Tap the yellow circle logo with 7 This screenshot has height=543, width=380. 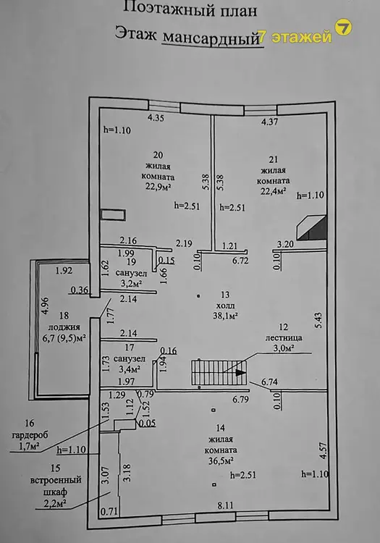point(344,28)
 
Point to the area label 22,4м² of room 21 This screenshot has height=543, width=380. point(273,191)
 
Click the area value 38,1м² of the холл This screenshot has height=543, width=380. point(225,316)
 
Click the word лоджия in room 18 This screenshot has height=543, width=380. point(64,327)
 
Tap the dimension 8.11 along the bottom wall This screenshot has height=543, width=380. point(225,505)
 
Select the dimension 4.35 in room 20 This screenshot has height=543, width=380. point(156,118)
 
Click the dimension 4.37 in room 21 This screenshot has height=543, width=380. point(269,122)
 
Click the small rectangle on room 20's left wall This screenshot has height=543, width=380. point(113,215)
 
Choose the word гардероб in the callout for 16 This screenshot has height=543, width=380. point(30,435)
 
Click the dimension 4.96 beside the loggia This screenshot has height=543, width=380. point(44,306)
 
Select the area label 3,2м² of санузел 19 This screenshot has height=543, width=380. point(132,284)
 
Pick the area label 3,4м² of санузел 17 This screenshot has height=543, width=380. point(130,369)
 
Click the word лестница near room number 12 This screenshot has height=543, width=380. point(284,337)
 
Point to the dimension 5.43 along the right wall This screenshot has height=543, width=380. point(318,321)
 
